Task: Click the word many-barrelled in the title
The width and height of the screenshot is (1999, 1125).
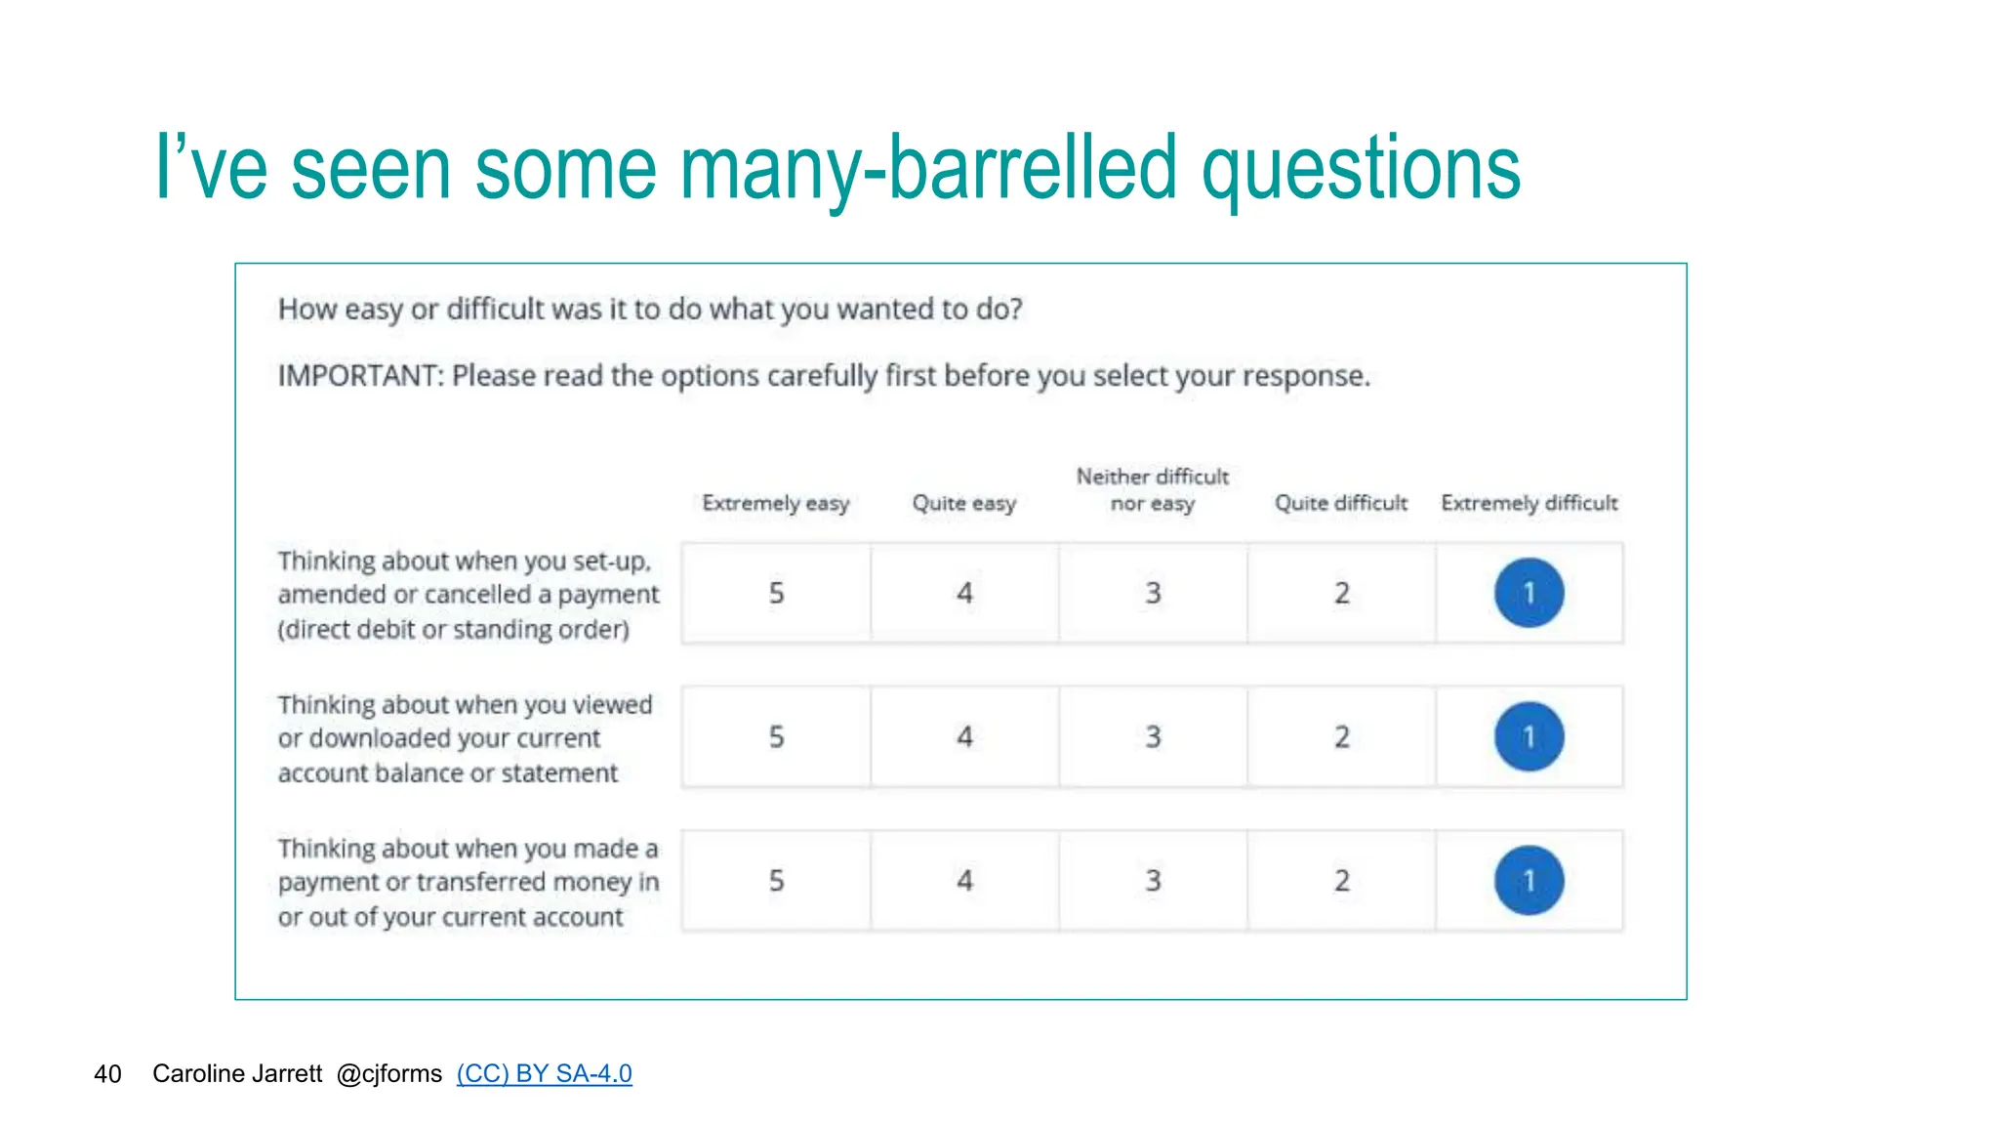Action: click(928, 169)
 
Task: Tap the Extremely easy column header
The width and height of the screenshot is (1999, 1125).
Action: click(776, 503)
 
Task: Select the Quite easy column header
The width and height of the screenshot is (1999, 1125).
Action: click(964, 503)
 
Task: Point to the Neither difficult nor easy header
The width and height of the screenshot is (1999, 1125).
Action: click(1153, 489)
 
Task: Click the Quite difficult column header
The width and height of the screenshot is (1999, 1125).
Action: click(1341, 503)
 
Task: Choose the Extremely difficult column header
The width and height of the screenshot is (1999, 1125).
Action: click(1530, 503)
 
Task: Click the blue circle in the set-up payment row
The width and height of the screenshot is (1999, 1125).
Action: click(1529, 593)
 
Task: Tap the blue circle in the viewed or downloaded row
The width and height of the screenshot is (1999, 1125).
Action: click(1529, 736)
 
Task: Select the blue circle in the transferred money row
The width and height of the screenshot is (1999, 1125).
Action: click(1529, 880)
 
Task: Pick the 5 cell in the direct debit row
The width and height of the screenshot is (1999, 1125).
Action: click(776, 593)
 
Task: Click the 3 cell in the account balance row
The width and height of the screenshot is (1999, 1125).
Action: click(1153, 736)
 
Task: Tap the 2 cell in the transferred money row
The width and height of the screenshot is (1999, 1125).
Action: click(1341, 880)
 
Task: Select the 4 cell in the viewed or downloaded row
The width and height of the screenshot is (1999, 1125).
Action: click(964, 736)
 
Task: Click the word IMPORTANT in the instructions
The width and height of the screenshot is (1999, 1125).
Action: click(359, 376)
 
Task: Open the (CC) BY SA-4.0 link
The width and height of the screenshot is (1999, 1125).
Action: click(544, 1073)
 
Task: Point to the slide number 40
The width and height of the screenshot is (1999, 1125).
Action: click(107, 1074)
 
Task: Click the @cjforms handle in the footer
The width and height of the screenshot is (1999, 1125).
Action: click(388, 1073)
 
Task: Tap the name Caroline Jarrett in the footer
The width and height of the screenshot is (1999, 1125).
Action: click(237, 1073)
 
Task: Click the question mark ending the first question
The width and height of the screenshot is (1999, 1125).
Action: click(1016, 310)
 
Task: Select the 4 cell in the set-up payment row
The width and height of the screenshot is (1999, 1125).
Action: click(964, 593)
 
